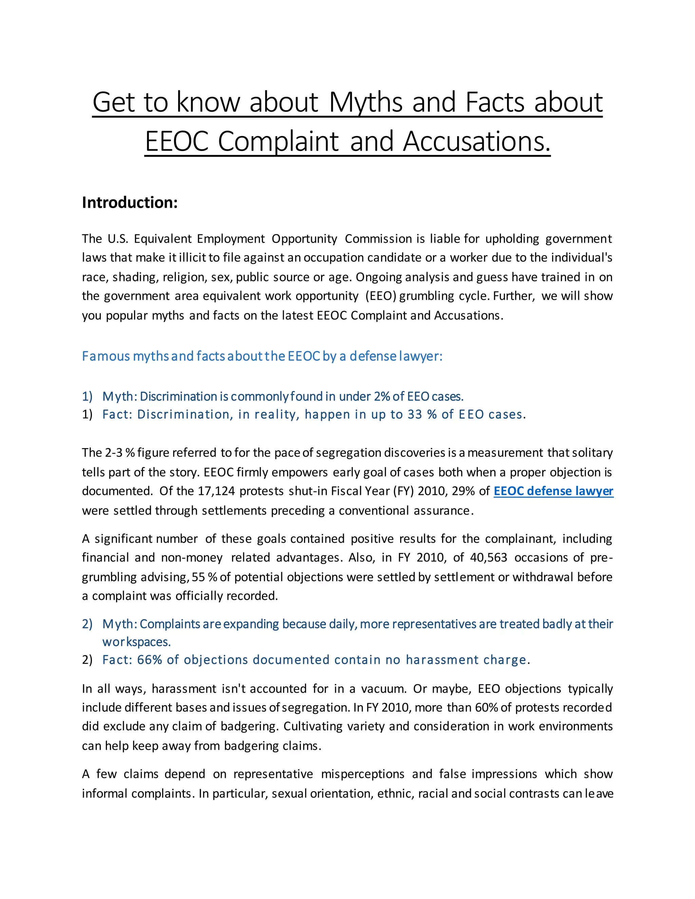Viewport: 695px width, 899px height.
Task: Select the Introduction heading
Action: coord(130,203)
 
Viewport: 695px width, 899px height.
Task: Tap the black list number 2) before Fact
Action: coord(87,660)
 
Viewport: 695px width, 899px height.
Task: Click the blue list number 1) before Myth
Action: coord(87,396)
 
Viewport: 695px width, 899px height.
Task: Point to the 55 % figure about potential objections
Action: coord(204,577)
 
